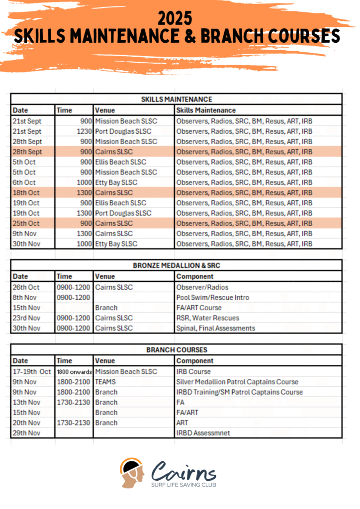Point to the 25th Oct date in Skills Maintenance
[x=26, y=223]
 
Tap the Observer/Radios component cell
[x=202, y=287]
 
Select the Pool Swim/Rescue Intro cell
[x=213, y=297]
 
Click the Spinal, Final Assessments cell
[x=215, y=328]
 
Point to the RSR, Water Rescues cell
[x=207, y=318]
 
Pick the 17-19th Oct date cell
[x=32, y=372]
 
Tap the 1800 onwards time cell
[x=75, y=372]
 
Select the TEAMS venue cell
[x=106, y=382]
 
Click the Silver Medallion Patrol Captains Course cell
[x=237, y=382]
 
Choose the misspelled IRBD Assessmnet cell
[x=203, y=433]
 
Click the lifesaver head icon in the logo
[x=132, y=472]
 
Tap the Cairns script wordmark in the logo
[x=184, y=470]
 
